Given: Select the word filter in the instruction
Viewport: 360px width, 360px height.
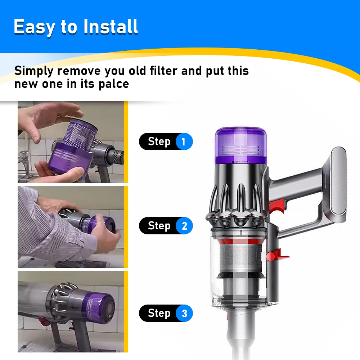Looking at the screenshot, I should click(x=160, y=71).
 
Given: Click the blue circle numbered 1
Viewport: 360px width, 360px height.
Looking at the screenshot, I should click(x=184, y=141).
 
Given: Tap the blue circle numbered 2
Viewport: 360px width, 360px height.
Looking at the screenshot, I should click(x=184, y=226).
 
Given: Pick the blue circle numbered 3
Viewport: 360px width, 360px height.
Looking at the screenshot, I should click(x=184, y=313).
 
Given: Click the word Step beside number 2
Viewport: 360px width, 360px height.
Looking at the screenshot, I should click(x=159, y=226).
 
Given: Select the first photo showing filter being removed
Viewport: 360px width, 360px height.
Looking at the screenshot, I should click(x=71, y=142).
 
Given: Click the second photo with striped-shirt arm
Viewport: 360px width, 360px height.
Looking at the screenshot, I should click(x=71, y=227).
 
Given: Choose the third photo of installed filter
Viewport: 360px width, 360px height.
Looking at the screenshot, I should click(x=71, y=311).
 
